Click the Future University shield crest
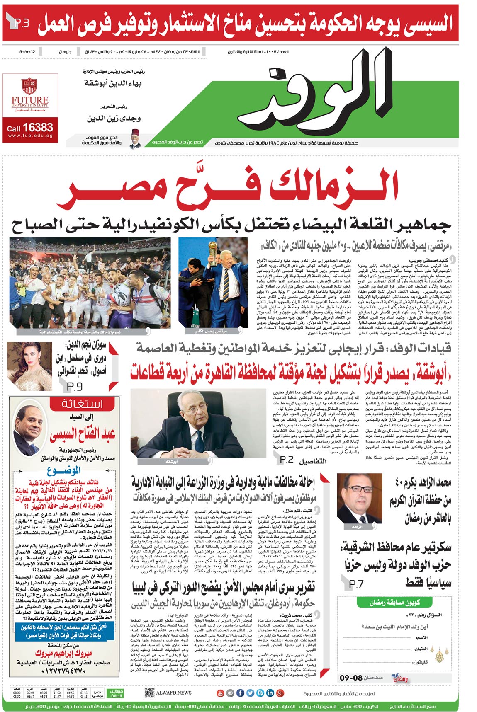click(x=29, y=86)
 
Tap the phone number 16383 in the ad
click(x=38, y=127)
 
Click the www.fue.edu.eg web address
click(x=30, y=136)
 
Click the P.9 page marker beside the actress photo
click(x=75, y=386)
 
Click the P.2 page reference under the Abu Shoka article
click(x=287, y=459)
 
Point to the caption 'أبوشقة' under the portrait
click(x=171, y=461)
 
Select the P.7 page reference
click(x=356, y=584)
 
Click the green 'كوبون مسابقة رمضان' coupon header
click(x=394, y=602)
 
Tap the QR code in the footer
click(x=149, y=693)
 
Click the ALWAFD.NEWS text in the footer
click(x=174, y=693)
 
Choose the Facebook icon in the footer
click(x=240, y=693)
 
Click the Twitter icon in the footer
click(x=250, y=693)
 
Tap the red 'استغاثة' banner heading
click(x=82, y=404)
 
